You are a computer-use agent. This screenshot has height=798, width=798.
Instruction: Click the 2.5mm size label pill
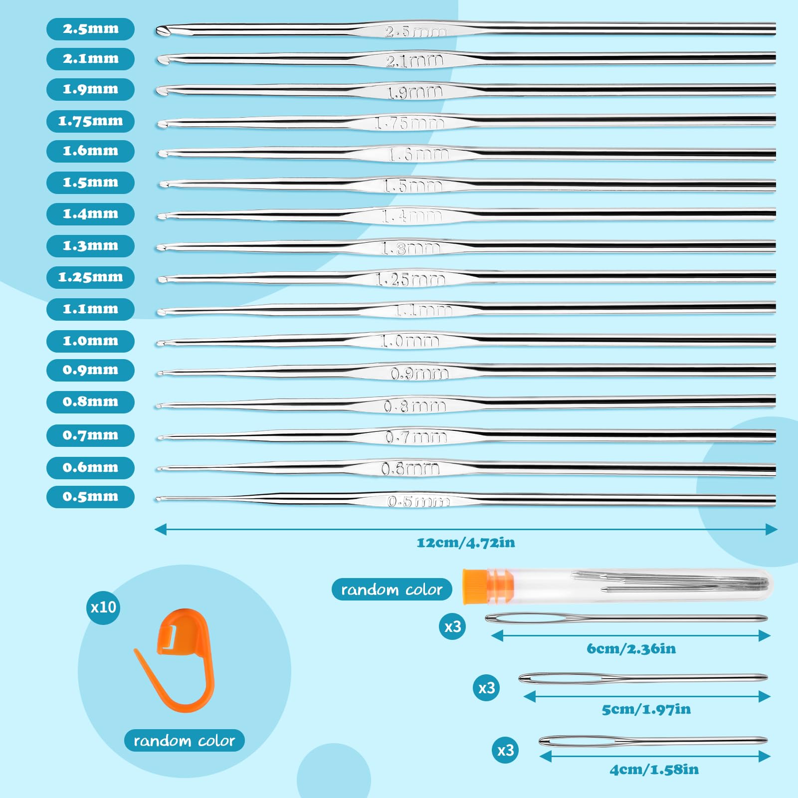coord(90,29)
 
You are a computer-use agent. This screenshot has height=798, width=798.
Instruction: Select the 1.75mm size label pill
coord(90,121)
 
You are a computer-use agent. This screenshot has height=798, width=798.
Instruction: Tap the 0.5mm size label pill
coord(90,497)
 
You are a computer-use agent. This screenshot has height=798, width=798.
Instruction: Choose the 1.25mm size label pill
coord(90,277)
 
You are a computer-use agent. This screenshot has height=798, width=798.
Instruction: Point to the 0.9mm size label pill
coord(90,370)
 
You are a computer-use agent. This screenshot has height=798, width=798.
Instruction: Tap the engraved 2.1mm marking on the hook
coord(414,61)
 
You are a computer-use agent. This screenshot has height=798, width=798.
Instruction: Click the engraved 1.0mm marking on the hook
coord(409,341)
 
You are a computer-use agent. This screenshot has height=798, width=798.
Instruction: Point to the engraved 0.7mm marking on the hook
coord(415,437)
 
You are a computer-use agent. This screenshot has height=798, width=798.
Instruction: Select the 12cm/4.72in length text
coord(466,543)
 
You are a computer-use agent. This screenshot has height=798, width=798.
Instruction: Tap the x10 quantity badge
coord(103,607)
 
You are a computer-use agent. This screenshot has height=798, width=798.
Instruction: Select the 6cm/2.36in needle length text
coord(631,649)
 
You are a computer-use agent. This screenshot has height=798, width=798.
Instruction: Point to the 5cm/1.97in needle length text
coord(646,709)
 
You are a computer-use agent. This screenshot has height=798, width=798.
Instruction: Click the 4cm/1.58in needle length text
coord(654,770)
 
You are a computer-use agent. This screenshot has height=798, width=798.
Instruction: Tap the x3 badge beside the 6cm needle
coord(452,626)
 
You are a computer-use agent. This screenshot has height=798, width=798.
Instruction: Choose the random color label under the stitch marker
coord(184,741)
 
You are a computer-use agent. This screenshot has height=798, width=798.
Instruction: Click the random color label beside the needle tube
coord(392,590)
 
